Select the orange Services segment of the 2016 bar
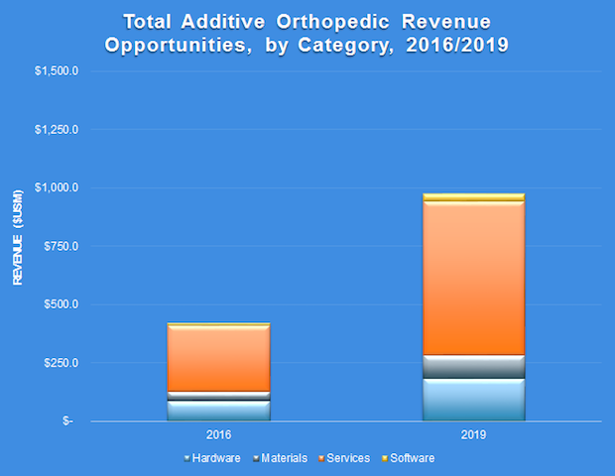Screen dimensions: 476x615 (x=218, y=358)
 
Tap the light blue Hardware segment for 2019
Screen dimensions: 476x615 (x=473, y=400)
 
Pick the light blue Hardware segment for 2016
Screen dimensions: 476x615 (x=218, y=411)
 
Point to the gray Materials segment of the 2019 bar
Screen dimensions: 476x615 (x=473, y=367)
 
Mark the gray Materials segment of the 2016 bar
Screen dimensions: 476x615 (x=218, y=396)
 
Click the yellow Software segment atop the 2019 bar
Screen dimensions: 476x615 (x=473, y=197)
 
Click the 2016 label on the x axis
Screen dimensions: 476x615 (x=218, y=434)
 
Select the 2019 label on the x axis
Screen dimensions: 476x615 (x=473, y=434)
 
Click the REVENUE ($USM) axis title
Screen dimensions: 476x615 (x=17, y=246)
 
